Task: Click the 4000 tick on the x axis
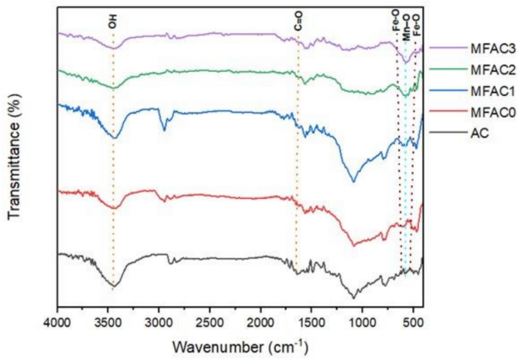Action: pyautogui.click(x=57, y=321)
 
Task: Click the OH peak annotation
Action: pyautogui.click(x=113, y=22)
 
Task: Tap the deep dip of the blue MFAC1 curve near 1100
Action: pyautogui.click(x=353, y=181)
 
